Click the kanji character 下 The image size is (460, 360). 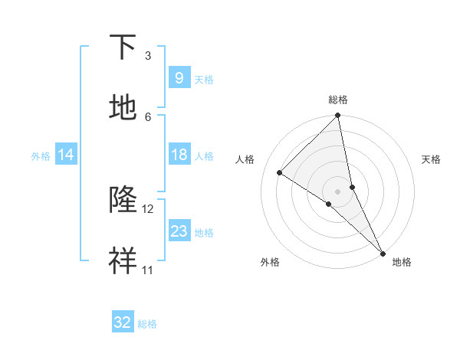pos(123,47)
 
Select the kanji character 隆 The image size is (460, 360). pos(123,201)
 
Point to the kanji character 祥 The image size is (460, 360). pos(123,262)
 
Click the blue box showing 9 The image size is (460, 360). pos(179,77)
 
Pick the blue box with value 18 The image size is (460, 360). pos(179,155)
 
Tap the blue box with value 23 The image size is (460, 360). pos(179,231)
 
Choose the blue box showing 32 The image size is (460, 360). pos(123,322)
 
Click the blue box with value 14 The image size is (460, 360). pos(66,155)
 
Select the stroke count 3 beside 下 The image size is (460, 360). pos(148,56)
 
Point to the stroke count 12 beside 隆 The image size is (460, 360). pos(148,209)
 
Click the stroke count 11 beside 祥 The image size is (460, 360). pos(147,270)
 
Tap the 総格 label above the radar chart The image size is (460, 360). pos(338,100)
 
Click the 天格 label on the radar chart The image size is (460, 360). pos(431,159)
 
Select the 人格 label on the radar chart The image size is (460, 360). pos(245,159)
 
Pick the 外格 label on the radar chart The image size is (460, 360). pos(270,262)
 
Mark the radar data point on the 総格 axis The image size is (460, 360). pos(338,116)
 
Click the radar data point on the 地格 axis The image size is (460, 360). pos(383,251)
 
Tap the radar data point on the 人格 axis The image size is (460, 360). pos(280,172)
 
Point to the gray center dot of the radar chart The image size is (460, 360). pos(338,191)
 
